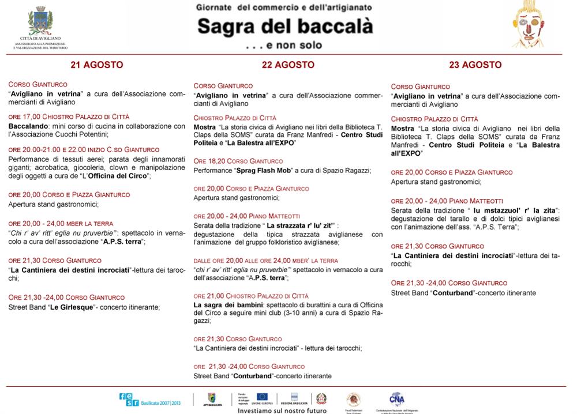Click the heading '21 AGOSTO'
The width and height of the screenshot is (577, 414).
(x=96, y=65)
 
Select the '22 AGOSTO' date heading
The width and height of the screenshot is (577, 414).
(x=288, y=65)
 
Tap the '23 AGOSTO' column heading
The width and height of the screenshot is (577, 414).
(x=475, y=65)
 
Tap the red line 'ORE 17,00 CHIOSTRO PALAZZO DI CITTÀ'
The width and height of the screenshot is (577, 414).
(x=69, y=116)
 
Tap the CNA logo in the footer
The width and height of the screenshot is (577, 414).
(x=396, y=398)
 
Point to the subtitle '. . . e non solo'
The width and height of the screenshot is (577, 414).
(x=283, y=45)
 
